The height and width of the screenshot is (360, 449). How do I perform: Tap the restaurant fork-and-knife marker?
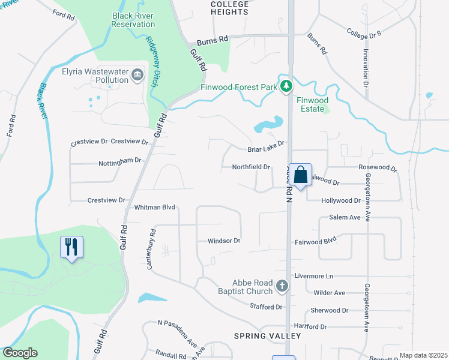(71, 247)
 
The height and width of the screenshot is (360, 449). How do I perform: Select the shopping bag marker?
(301, 175)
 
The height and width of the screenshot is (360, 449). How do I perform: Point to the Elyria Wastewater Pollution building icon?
(137, 75)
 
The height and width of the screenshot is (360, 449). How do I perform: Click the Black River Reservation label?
(133, 20)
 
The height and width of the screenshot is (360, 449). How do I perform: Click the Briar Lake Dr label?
(265, 150)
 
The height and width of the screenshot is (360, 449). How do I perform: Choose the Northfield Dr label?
(251, 167)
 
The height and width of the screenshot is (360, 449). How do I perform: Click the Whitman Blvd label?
(154, 207)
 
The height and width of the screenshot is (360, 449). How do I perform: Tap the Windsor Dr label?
(224, 241)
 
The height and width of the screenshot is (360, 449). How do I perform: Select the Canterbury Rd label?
(152, 248)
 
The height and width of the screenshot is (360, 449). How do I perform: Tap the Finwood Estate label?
(312, 104)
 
